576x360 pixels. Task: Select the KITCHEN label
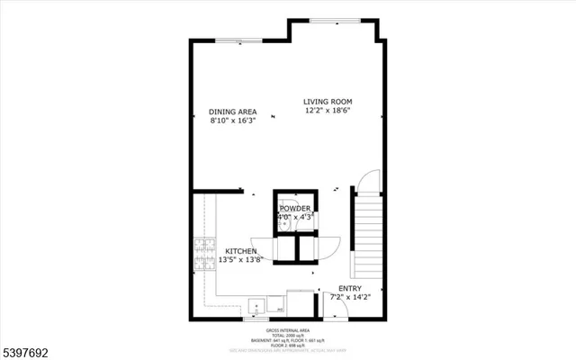coord(241,251)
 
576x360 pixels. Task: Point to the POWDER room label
coord(294,209)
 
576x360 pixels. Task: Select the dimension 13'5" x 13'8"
coord(241,260)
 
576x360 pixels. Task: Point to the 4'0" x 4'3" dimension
coord(294,217)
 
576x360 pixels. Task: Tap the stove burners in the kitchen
coord(199,256)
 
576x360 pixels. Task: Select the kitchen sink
coord(257,306)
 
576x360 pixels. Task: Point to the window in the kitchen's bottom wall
coord(256,319)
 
